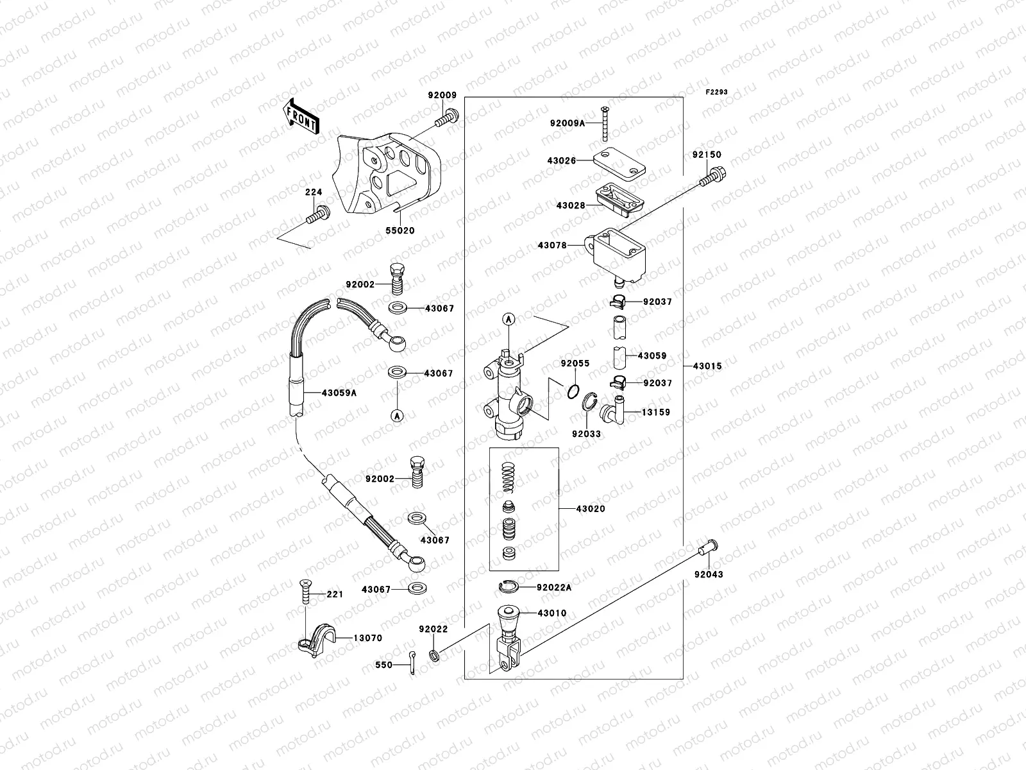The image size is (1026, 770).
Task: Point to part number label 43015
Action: (707, 366)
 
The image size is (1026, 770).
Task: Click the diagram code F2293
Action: (717, 92)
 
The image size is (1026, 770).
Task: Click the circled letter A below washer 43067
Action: (397, 416)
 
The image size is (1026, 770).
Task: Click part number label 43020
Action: (590, 509)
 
